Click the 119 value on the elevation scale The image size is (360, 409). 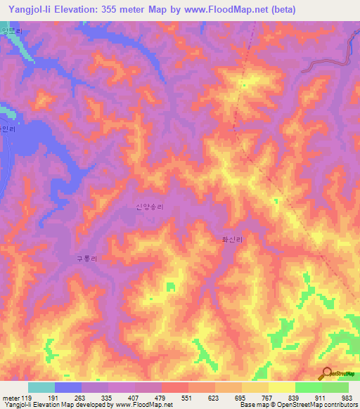pyautogui.click(x=27, y=397)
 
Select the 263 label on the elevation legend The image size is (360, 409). pyautogui.click(x=82, y=397)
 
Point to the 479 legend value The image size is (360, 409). pyautogui.click(x=162, y=397)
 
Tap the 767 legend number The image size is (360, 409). pyautogui.click(x=269, y=397)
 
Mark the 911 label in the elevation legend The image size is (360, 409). pyautogui.click(x=322, y=397)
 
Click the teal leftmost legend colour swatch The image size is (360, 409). pyautogui.click(x=41, y=387)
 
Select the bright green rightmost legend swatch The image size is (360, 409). pyautogui.click(x=335, y=387)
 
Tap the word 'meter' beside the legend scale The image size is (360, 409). pyautogui.click(x=11, y=397)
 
